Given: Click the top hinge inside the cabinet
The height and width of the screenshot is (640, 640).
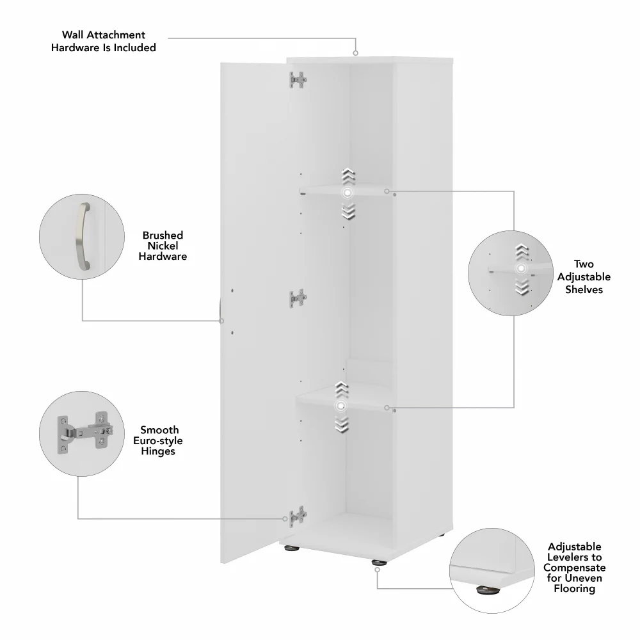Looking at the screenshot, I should click(x=298, y=79).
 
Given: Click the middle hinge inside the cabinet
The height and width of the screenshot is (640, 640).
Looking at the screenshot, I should click(x=298, y=299).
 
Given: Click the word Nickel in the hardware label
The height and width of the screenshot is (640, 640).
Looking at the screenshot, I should click(x=163, y=246).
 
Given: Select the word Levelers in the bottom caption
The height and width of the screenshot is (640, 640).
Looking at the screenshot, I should click(x=574, y=557).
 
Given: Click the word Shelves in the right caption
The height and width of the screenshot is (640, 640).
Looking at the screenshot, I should click(x=583, y=289).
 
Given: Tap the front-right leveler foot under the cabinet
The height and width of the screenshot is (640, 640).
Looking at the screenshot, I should click(x=378, y=563).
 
